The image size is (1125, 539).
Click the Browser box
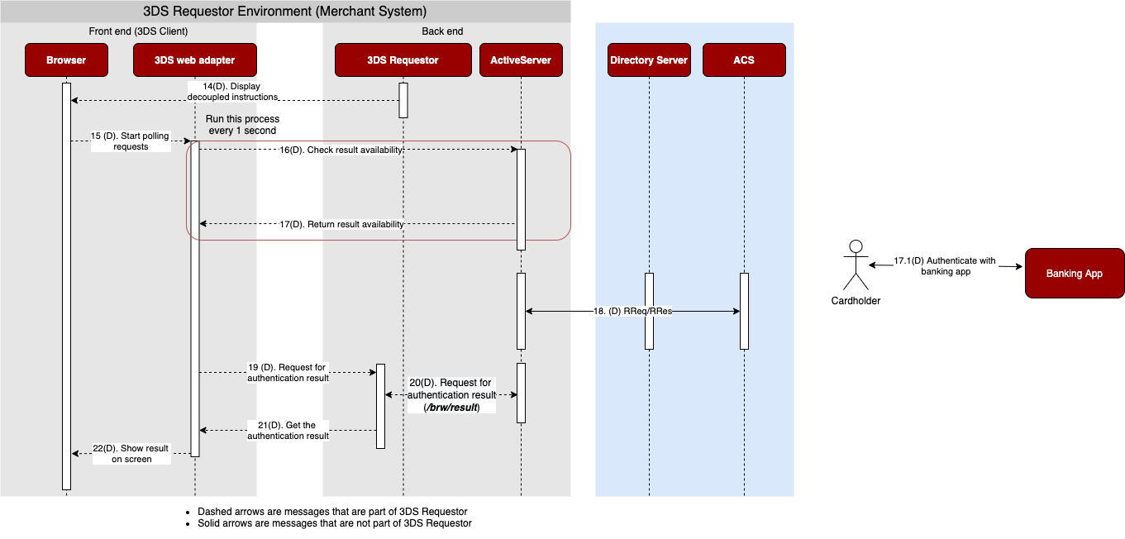66,60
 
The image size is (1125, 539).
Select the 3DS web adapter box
195,60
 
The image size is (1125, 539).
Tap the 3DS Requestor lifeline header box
403,60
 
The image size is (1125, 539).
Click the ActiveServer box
521,60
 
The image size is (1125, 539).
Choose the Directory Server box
649,60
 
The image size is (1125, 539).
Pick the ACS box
744,60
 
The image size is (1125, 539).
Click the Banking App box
1075,274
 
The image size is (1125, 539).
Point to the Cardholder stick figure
856,265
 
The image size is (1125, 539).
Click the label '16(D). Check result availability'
341,150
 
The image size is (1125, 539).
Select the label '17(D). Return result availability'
341,224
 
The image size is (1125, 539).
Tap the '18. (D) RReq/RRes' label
633,312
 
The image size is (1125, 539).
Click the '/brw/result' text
451,408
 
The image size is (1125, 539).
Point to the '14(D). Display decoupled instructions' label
232,92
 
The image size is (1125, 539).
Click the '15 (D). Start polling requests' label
130,141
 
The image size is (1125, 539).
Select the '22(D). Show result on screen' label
131,454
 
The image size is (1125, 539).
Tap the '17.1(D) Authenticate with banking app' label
945,265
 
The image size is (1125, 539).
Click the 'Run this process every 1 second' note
242,125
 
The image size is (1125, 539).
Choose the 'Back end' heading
442,31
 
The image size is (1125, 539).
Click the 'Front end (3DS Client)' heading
138,31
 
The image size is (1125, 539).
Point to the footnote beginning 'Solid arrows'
335,523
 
